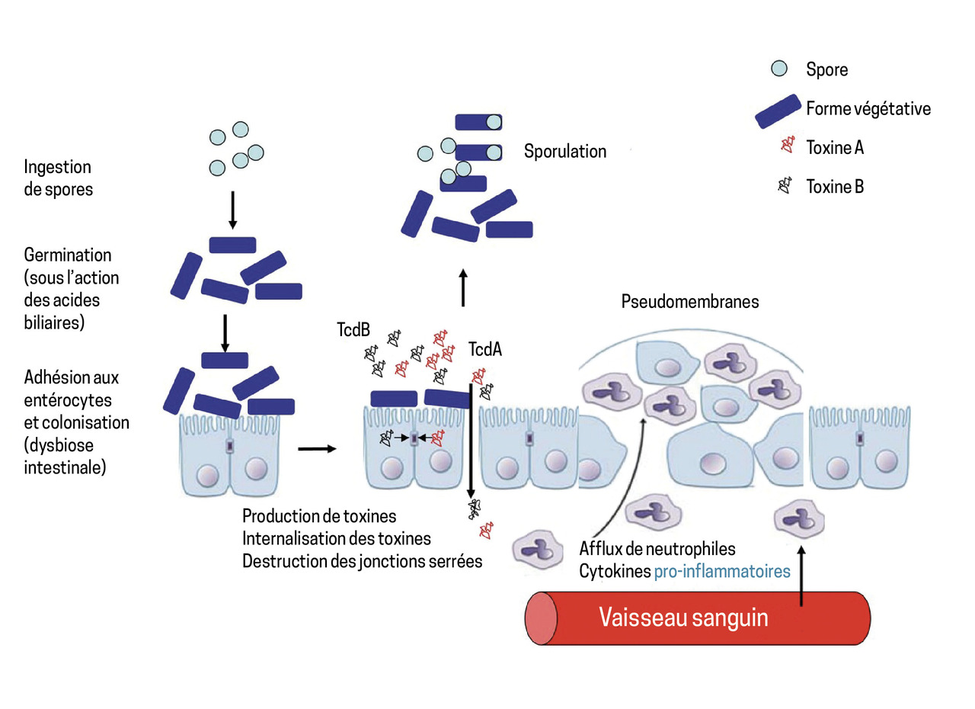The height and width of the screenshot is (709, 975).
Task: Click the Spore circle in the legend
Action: [x=778, y=69]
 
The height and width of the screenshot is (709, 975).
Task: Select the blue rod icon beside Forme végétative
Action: [x=777, y=111]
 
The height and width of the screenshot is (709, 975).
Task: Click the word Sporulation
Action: [x=564, y=151]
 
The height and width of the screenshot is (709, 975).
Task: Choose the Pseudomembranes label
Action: [x=690, y=301]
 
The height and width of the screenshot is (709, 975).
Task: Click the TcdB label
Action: [x=355, y=330]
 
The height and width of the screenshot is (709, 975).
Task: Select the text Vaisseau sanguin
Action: [x=683, y=617]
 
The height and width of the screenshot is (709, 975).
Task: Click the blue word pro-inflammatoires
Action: [x=721, y=570]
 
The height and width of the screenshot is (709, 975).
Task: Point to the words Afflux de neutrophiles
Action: [x=657, y=548]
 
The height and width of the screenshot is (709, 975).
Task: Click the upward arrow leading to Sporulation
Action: [x=464, y=287]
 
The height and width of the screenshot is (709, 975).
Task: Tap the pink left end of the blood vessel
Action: [x=539, y=618]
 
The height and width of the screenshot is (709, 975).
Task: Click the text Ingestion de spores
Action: [x=58, y=178]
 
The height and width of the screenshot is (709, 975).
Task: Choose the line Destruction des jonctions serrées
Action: [x=362, y=561]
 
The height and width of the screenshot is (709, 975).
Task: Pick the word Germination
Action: [x=67, y=255]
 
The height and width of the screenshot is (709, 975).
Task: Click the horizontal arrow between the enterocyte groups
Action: [x=316, y=448]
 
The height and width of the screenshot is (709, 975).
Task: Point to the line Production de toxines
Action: [x=319, y=516]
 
